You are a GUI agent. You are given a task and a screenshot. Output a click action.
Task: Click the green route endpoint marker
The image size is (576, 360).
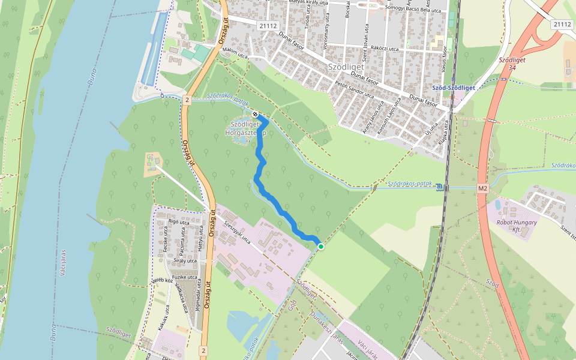tap(321, 247)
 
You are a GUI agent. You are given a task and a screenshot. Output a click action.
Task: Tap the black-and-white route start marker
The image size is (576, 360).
tap(256, 114)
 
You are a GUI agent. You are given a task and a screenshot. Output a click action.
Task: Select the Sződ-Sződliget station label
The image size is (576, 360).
tap(453, 88)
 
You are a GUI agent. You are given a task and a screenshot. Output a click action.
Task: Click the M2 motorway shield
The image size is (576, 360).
tap(483, 188)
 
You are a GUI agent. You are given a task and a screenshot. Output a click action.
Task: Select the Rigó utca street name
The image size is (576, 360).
tap(179, 222)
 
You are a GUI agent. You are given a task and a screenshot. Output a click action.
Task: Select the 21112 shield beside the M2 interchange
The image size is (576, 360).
tap(562, 24)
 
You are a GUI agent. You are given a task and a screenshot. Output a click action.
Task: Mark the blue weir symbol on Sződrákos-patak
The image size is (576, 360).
tap(442, 187)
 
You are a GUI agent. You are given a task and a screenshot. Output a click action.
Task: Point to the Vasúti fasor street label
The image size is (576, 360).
tap(444, 61)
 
